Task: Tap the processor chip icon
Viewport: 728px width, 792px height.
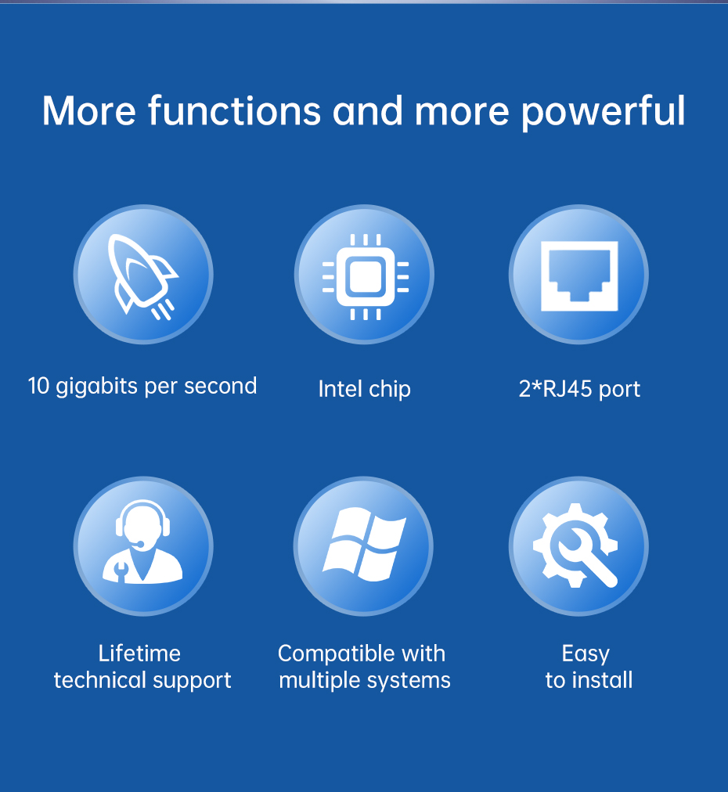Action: point(366,277)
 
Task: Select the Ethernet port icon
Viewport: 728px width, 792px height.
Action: point(579,275)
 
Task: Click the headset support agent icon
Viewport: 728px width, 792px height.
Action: point(143,542)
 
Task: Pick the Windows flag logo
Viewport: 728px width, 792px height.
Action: point(364,544)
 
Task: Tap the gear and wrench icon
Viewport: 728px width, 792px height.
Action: point(575,545)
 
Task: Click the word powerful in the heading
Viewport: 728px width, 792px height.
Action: point(604,112)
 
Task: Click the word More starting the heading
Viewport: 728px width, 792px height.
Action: point(89,110)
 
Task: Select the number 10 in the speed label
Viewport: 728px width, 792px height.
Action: point(38,386)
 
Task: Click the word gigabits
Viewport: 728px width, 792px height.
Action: point(96,387)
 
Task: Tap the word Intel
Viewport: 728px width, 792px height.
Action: point(340,389)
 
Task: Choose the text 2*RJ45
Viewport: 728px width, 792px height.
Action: point(555,389)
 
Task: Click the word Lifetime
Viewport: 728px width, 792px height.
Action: point(139,653)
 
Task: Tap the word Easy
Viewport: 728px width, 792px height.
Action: point(586,654)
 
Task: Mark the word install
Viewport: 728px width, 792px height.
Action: point(602,680)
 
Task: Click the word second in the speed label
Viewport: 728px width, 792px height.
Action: point(220,386)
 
